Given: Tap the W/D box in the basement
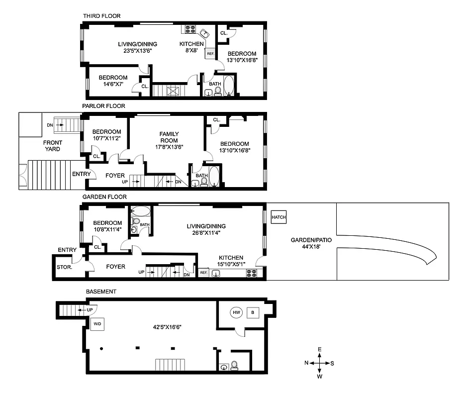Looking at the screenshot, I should pyautogui.click(x=96, y=324).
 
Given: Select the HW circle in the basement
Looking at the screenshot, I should pyautogui.click(x=236, y=312).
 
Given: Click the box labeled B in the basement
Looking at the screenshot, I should pyautogui.click(x=253, y=312).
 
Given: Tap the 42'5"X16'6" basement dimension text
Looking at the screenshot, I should pyautogui.click(x=166, y=327).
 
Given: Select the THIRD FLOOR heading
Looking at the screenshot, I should pyautogui.click(x=101, y=16).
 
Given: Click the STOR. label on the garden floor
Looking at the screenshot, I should pyautogui.click(x=65, y=267).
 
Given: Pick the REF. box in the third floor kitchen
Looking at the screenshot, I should pyautogui.click(x=210, y=54).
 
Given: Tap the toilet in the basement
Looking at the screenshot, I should pyautogui.click(x=234, y=367).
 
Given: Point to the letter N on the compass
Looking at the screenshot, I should pyautogui.click(x=306, y=363).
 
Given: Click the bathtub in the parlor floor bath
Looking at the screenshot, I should pyautogui.click(x=213, y=177).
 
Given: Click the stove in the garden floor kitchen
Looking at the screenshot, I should pyautogui.click(x=251, y=273).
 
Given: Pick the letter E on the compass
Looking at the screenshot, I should pyautogui.click(x=320, y=350).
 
